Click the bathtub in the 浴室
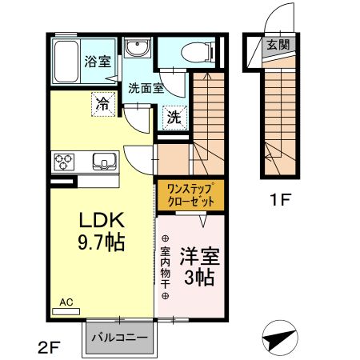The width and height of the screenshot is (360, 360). [66, 62]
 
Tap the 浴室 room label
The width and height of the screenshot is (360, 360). [98, 62]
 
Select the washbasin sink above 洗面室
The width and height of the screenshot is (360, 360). [137, 47]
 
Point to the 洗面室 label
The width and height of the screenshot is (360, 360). [146, 88]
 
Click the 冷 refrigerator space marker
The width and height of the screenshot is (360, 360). [103, 104]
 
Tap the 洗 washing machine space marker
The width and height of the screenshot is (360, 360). [174, 118]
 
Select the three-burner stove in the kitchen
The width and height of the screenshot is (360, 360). [64, 162]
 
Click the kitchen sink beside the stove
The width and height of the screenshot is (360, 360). [105, 162]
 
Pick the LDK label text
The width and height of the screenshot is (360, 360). [102, 220]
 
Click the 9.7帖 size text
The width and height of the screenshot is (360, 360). [102, 242]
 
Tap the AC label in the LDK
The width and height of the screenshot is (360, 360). [66, 302]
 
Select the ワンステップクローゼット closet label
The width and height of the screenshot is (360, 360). [190, 195]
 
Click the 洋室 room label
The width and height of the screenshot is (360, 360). [200, 257]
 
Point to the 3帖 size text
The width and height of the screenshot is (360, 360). [199, 278]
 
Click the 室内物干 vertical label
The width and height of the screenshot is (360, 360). [166, 267]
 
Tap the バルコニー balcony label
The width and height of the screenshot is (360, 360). [119, 338]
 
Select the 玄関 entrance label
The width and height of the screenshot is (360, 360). [278, 44]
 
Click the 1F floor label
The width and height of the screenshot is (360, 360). [280, 199]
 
